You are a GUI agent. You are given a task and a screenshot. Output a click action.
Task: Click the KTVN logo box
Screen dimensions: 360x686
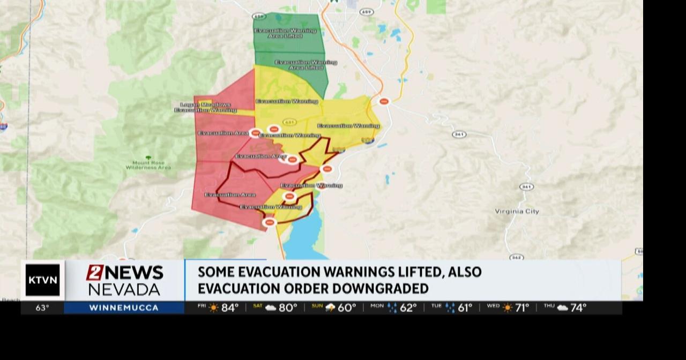(x=42, y=280)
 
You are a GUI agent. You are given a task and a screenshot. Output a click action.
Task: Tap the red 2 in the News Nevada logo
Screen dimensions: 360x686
(x=94, y=273)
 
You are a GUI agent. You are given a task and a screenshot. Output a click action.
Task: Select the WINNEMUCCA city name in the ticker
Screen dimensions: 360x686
(x=124, y=308)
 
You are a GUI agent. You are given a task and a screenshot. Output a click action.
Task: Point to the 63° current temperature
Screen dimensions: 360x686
(x=42, y=308)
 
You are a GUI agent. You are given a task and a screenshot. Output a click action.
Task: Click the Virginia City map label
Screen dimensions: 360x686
(x=517, y=212)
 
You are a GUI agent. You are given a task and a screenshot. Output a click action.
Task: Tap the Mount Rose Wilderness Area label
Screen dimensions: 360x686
(x=148, y=165)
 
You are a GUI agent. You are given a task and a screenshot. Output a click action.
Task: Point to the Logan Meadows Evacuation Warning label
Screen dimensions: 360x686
(x=206, y=107)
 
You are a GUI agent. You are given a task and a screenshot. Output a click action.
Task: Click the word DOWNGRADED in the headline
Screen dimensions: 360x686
(x=380, y=289)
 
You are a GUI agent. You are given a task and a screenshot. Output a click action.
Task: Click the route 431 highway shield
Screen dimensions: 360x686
(x=289, y=122)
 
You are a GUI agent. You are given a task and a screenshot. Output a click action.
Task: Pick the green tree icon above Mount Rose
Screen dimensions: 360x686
(x=148, y=157)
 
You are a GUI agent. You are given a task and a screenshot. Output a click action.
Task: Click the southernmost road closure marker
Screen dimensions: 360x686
(x=270, y=222)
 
